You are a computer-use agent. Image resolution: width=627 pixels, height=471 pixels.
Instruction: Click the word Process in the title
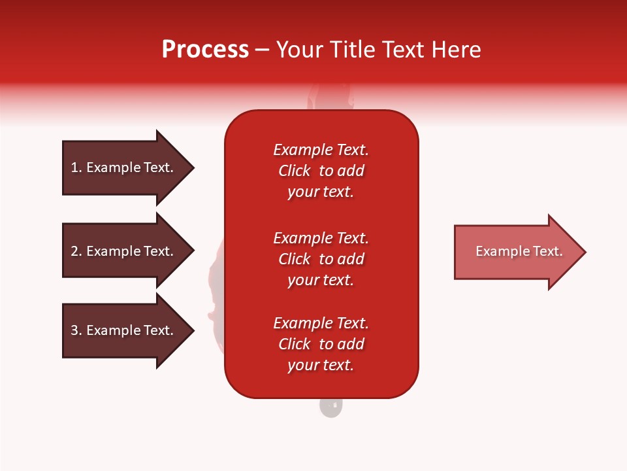(206, 50)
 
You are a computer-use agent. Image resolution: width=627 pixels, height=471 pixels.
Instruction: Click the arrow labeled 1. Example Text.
(128, 168)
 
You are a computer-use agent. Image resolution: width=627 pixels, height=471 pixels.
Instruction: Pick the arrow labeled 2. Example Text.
(128, 251)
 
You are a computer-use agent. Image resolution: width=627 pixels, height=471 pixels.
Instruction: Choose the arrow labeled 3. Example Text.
(128, 330)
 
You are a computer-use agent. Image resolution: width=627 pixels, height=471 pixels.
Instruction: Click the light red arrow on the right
(520, 252)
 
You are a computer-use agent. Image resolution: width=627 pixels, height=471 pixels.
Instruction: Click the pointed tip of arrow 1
(194, 168)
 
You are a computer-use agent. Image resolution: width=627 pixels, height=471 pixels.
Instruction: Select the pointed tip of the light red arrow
(586, 252)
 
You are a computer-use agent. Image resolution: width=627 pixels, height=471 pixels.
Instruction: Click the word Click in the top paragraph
(295, 171)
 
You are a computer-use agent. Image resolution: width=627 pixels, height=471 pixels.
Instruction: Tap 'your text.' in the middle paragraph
(321, 280)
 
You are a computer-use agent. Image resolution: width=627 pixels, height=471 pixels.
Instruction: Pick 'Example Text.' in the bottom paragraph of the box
(321, 323)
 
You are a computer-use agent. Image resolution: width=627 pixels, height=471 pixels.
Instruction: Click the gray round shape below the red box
(331, 408)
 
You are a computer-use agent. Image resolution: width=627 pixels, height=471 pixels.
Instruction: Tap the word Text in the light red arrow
(548, 251)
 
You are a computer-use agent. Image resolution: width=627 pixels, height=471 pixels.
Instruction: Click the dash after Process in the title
(262, 50)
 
